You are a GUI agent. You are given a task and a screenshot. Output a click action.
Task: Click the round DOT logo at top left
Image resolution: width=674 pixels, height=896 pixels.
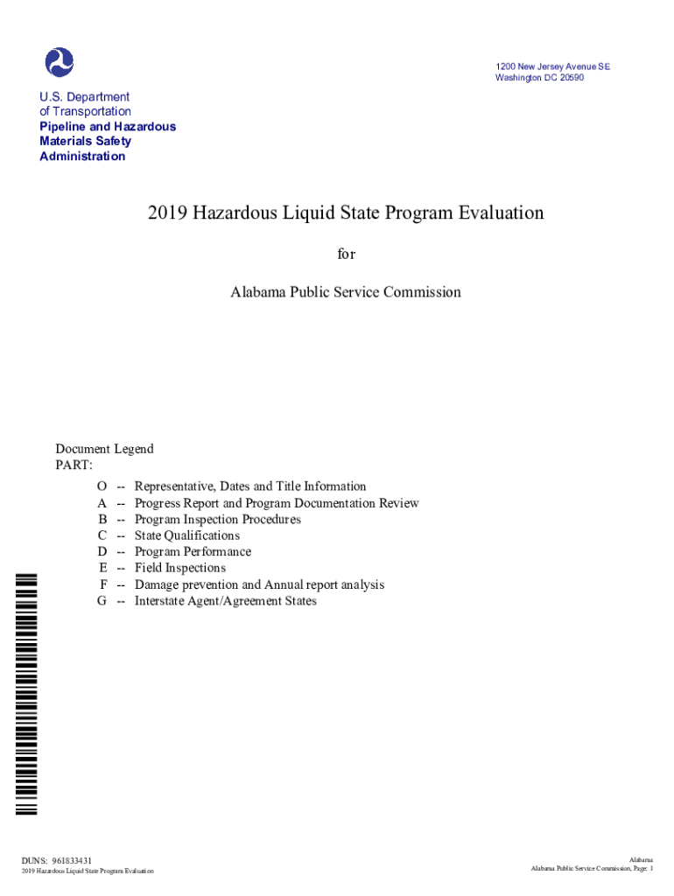tap(60, 62)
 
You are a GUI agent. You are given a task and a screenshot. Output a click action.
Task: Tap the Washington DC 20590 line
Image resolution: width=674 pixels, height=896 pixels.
tap(539, 78)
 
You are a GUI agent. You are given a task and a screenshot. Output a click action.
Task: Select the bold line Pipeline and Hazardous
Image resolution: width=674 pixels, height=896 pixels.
tap(108, 127)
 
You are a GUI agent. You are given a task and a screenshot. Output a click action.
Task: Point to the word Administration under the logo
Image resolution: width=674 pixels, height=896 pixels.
tap(82, 157)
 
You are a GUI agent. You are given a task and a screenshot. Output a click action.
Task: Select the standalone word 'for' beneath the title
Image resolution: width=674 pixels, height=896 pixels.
tap(347, 254)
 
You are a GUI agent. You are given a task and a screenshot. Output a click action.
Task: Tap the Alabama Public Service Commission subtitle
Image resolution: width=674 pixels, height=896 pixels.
tap(346, 292)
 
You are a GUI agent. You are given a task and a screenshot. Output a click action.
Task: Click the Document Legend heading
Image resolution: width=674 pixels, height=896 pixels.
tap(104, 449)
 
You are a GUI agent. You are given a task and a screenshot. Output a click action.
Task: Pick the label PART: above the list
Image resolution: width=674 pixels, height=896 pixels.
tap(74, 465)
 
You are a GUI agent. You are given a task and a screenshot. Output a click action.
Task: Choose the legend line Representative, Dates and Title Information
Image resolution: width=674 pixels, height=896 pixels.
tap(250, 486)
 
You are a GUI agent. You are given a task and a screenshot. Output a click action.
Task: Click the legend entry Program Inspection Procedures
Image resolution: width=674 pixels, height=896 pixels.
tap(217, 520)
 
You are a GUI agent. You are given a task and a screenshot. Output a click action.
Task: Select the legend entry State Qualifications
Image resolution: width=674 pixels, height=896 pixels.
tap(186, 535)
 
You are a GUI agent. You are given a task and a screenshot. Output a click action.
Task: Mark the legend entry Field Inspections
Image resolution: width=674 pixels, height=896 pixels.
tap(179, 568)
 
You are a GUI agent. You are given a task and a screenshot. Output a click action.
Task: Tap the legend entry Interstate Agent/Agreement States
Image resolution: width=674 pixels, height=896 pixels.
tap(225, 601)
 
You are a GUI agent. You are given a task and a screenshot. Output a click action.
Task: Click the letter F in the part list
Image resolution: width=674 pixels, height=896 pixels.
tap(103, 584)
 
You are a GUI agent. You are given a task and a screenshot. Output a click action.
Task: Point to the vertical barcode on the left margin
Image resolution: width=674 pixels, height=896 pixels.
tap(27, 692)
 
